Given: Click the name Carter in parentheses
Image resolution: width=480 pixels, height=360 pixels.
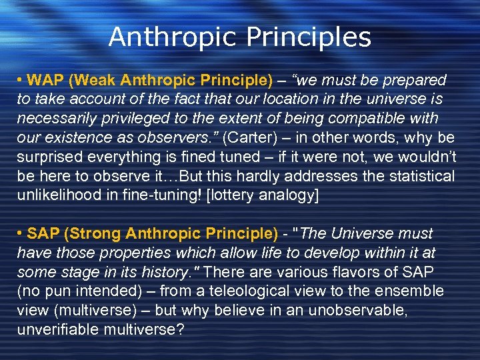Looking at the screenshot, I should point(249,137).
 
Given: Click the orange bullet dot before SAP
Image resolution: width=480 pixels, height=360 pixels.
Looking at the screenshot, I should point(21,234).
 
